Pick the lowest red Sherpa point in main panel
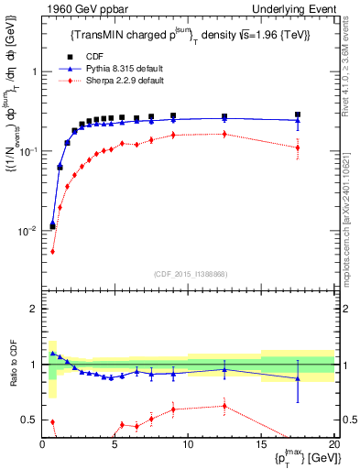point(52,251)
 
